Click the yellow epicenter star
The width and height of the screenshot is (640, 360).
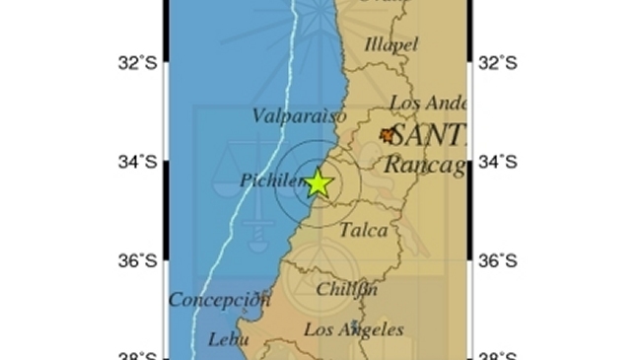pyautogui.click(x=318, y=183)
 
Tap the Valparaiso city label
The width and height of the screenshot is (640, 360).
pyautogui.click(x=299, y=116)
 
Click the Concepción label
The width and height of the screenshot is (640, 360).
pyautogui.click(x=219, y=300)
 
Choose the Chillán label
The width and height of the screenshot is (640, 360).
pyautogui.click(x=347, y=289)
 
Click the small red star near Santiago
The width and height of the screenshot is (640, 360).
pyautogui.click(x=388, y=135)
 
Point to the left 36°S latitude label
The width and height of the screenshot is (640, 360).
pyautogui.click(x=137, y=260)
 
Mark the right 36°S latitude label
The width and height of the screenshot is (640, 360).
pyautogui.click(x=498, y=260)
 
